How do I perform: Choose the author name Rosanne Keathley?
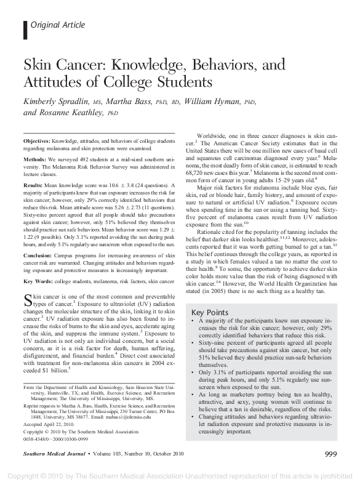(63, 113)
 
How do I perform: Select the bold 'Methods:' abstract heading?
(34, 158)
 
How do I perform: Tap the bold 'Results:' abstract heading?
(33, 184)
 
